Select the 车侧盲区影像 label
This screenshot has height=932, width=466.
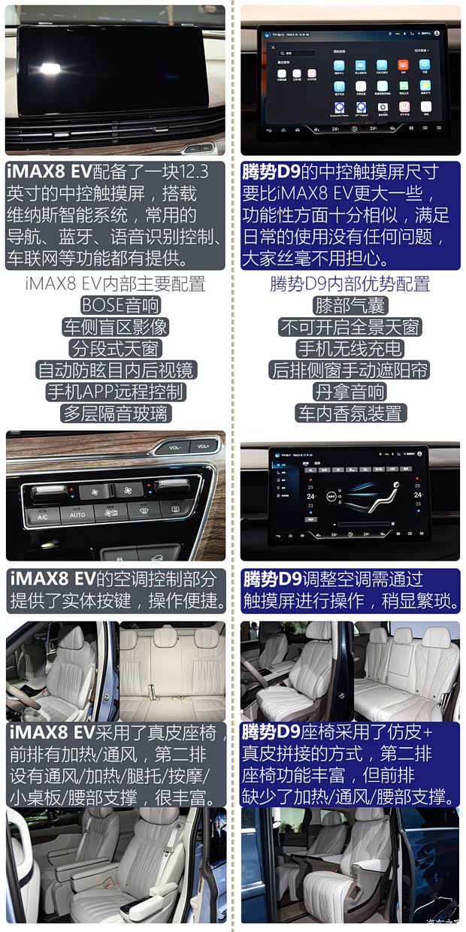tap(115, 327)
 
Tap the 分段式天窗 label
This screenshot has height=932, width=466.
tap(115, 349)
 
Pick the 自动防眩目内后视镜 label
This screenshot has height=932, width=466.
tap(115, 370)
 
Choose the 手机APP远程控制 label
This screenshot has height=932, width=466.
tap(115, 392)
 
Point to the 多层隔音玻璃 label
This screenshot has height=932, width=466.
tap(115, 413)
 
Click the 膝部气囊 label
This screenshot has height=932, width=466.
tap(349, 306)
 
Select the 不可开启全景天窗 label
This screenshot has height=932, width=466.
tap(350, 327)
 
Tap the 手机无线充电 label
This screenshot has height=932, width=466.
tap(350, 349)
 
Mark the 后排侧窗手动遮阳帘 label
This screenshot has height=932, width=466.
tap(350, 370)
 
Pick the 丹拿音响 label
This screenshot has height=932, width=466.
tap(350, 392)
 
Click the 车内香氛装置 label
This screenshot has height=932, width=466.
tap(350, 413)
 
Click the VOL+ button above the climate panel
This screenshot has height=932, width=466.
tap(202, 446)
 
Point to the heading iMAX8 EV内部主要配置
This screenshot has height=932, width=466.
tap(115, 284)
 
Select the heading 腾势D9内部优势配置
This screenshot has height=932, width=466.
tap(350, 284)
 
